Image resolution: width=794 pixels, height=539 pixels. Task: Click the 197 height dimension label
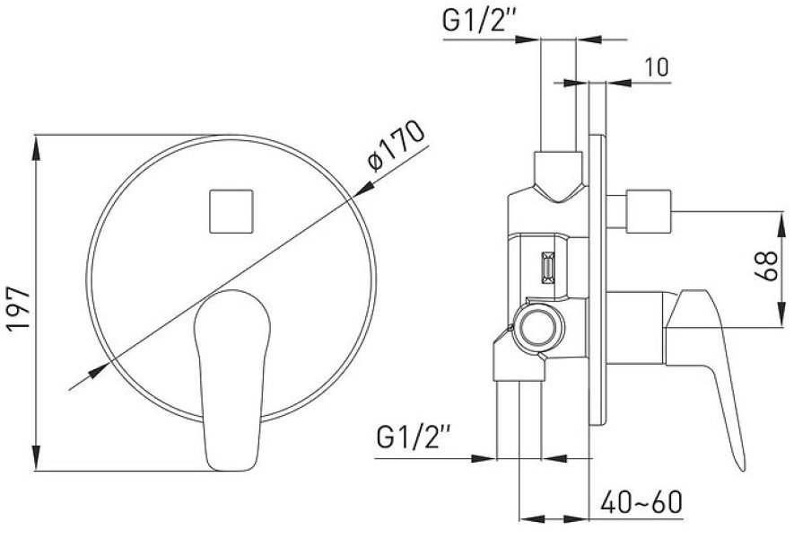tap(18, 309)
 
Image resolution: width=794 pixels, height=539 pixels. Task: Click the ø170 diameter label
tap(397, 146)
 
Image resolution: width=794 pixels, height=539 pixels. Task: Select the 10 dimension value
tap(656, 66)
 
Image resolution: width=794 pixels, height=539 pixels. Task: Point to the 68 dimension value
tap(765, 266)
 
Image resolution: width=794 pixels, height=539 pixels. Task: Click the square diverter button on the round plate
tap(231, 211)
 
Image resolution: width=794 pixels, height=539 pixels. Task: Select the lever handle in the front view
tap(232, 380)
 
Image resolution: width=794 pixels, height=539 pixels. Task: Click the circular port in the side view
tap(537, 327)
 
